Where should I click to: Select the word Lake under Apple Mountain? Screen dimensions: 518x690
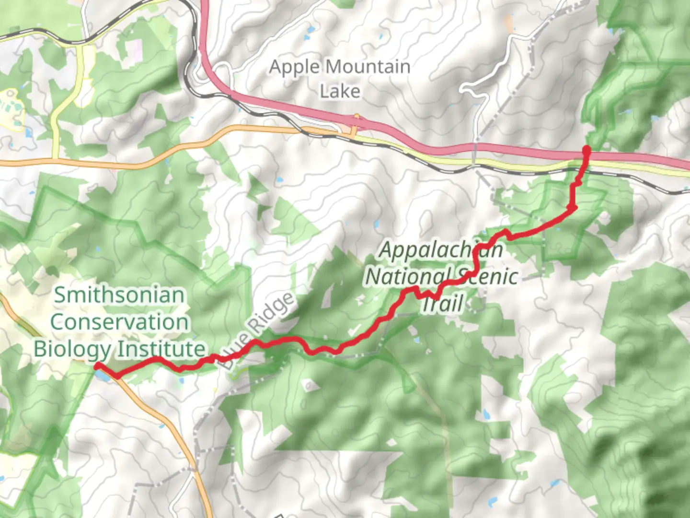tap(340, 91)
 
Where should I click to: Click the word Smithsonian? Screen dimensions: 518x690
tap(119, 295)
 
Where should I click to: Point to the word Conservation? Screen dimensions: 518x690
tap(119, 322)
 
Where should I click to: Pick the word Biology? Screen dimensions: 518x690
tap(72, 349)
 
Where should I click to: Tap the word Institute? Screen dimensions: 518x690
tap(162, 349)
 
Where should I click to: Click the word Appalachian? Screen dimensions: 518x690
tap(441, 250)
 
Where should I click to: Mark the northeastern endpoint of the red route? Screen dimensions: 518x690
tap(586, 151)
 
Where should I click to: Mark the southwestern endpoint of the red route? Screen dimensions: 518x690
tap(97, 366)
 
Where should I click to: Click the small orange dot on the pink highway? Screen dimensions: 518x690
tap(356, 116)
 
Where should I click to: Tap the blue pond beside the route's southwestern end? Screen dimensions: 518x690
tap(103, 375)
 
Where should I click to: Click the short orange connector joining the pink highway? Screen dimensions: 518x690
tap(354, 131)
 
